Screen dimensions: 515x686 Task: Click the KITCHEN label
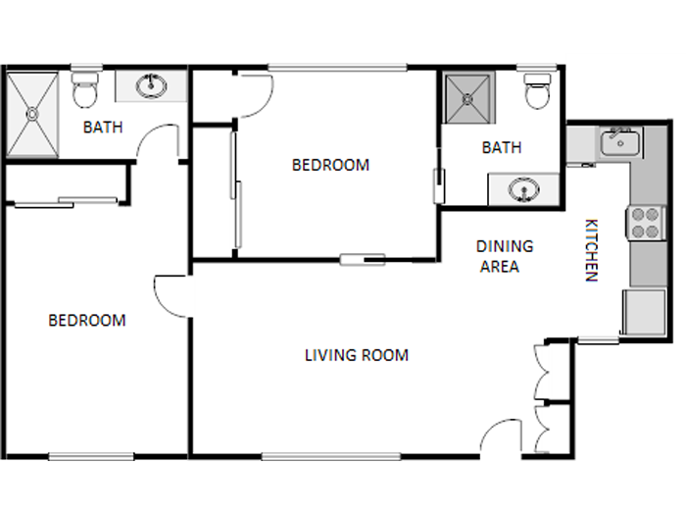[591, 249]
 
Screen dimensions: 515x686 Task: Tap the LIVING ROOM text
[356, 355]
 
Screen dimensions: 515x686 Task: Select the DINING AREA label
[504, 256]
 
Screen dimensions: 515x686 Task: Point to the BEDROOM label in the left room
[87, 321]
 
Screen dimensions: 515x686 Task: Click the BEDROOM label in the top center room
[330, 165]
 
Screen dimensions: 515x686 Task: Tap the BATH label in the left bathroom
[103, 127]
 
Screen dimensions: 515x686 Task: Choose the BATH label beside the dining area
[502, 148]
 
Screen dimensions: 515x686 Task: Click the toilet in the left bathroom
[85, 90]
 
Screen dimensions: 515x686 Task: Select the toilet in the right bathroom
[537, 90]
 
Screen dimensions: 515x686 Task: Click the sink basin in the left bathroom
[151, 86]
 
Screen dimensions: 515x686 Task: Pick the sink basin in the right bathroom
[524, 188]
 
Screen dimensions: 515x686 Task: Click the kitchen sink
[618, 143]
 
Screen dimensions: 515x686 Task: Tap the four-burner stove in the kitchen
[645, 223]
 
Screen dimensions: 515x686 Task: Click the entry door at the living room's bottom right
[503, 438]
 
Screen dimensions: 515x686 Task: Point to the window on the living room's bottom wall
[330, 456]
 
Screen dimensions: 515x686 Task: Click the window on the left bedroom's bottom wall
[91, 456]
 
